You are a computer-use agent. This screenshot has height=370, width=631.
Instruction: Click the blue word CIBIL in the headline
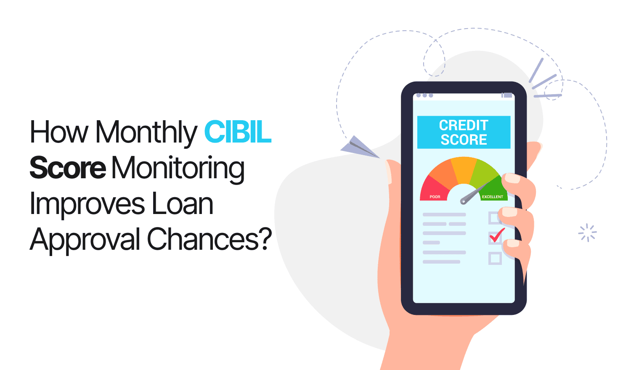click(x=238, y=132)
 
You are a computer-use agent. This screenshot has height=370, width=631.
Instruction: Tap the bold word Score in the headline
click(x=68, y=167)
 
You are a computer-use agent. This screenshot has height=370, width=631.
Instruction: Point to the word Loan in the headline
click(x=182, y=203)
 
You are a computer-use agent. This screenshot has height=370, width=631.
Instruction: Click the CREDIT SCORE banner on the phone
click(x=464, y=132)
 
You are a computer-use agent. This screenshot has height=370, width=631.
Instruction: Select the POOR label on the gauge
click(x=435, y=197)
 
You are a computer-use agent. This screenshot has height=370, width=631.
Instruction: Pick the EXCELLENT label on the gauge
click(x=493, y=197)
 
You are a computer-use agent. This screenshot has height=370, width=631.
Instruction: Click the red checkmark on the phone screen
click(x=497, y=235)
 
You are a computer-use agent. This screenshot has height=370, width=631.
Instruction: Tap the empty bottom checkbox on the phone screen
click(x=495, y=258)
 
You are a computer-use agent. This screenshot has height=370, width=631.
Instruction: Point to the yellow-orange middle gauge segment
click(x=464, y=169)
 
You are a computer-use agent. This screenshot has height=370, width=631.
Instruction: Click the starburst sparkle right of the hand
click(x=587, y=233)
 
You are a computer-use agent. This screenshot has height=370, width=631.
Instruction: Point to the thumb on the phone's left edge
click(x=393, y=172)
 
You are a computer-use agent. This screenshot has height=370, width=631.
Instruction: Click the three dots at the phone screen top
click(x=424, y=95)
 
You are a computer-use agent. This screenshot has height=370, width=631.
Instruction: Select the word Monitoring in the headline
click(x=178, y=169)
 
